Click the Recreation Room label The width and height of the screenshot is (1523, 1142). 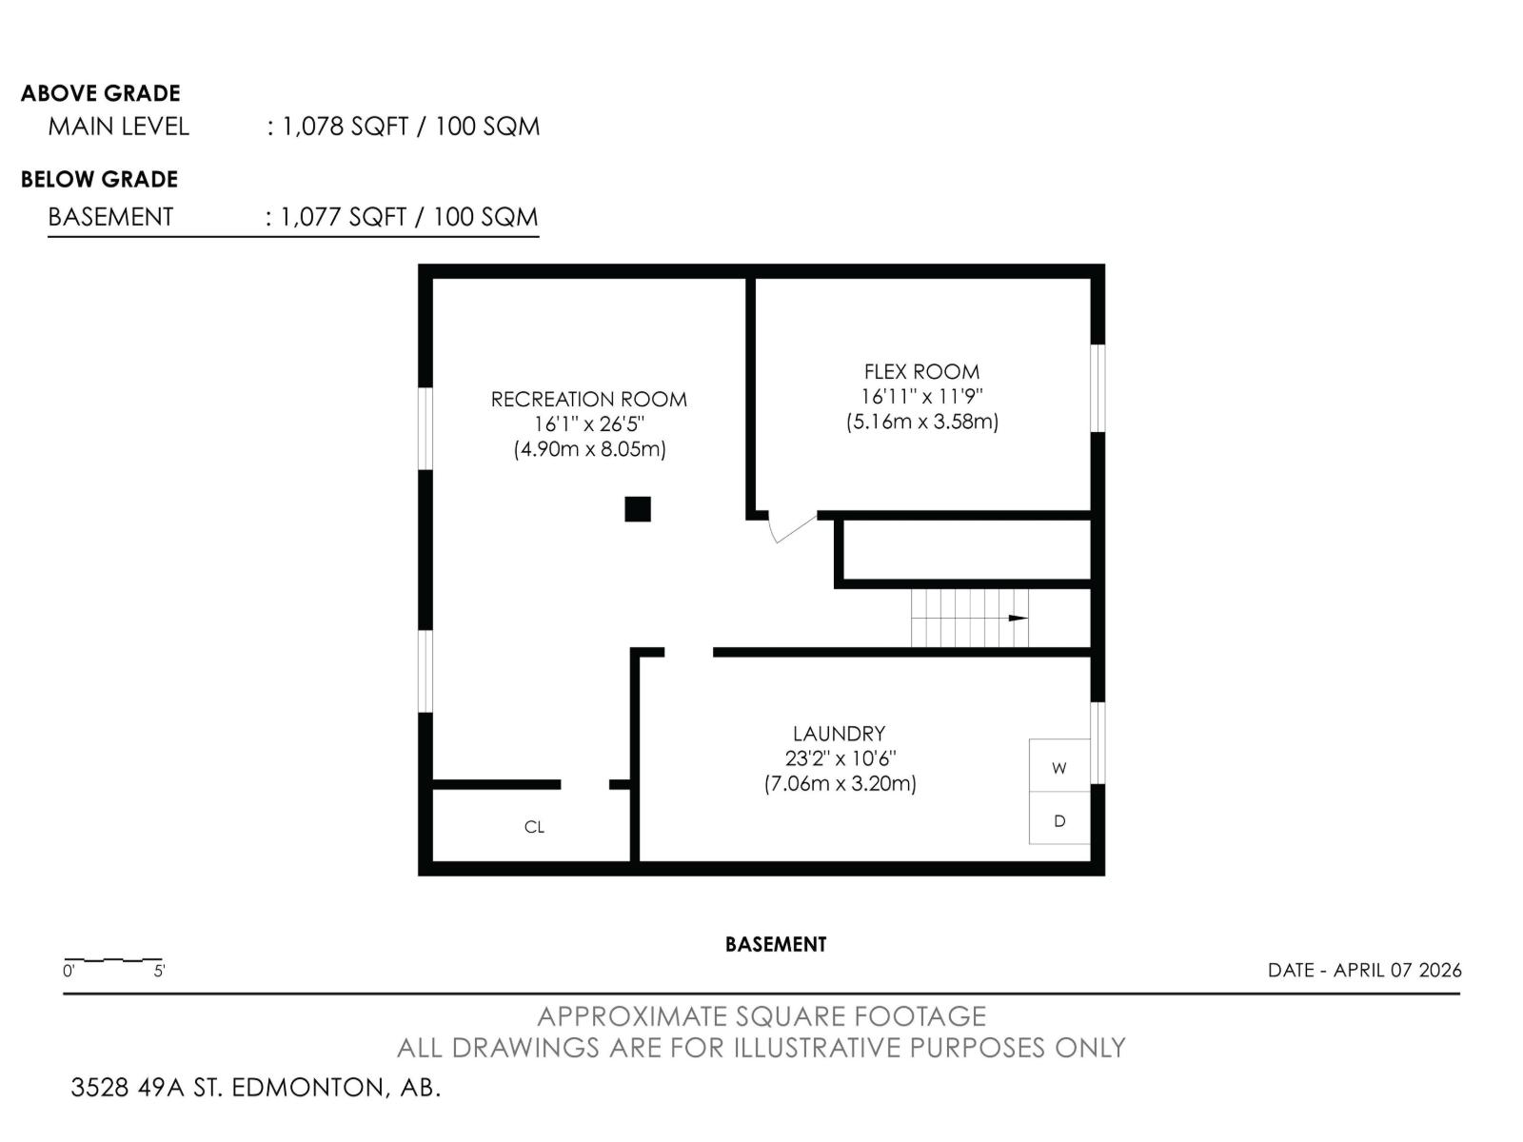588,400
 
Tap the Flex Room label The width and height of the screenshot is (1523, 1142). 921,372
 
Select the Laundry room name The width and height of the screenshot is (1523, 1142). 839,734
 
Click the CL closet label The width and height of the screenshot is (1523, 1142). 534,827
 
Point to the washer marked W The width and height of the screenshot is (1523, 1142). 1059,767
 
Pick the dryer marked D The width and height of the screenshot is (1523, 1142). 1059,819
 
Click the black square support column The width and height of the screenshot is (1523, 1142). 637,509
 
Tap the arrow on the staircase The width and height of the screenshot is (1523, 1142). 1017,619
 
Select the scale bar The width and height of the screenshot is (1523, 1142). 113,961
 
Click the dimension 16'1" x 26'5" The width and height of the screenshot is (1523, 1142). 588,424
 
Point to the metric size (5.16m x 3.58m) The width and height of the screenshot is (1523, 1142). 921,422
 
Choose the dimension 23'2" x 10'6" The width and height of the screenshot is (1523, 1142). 839,758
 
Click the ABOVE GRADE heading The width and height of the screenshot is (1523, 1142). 101,93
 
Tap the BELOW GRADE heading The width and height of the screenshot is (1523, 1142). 100,179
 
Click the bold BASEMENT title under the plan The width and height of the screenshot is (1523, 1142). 776,944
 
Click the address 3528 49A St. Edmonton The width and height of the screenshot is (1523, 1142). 256,1087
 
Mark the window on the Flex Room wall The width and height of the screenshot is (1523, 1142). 1098,387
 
